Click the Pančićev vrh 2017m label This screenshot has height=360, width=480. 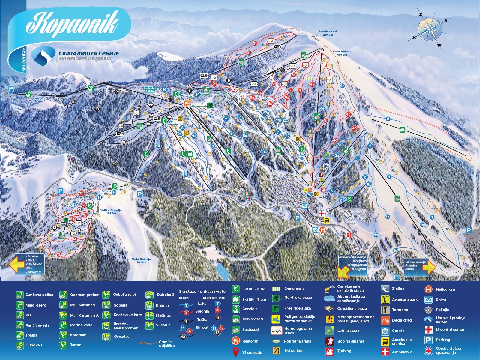pos(328,33)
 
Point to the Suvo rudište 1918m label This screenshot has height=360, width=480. pos(342,53)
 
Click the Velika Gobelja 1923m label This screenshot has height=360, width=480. pos(111,211)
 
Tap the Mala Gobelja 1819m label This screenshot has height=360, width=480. pos(141,261)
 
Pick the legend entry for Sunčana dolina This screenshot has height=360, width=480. pos(20,295)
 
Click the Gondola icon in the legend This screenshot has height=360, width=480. pos(236,309)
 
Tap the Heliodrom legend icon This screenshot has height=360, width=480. pos(428,289)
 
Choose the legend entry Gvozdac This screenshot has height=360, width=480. pos(106,337)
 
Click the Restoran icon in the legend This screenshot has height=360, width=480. pos(236,341)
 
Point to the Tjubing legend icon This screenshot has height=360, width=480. pos(329,351)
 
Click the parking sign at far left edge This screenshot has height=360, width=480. pos(11,89)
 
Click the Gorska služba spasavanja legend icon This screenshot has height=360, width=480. pos(428,350)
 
